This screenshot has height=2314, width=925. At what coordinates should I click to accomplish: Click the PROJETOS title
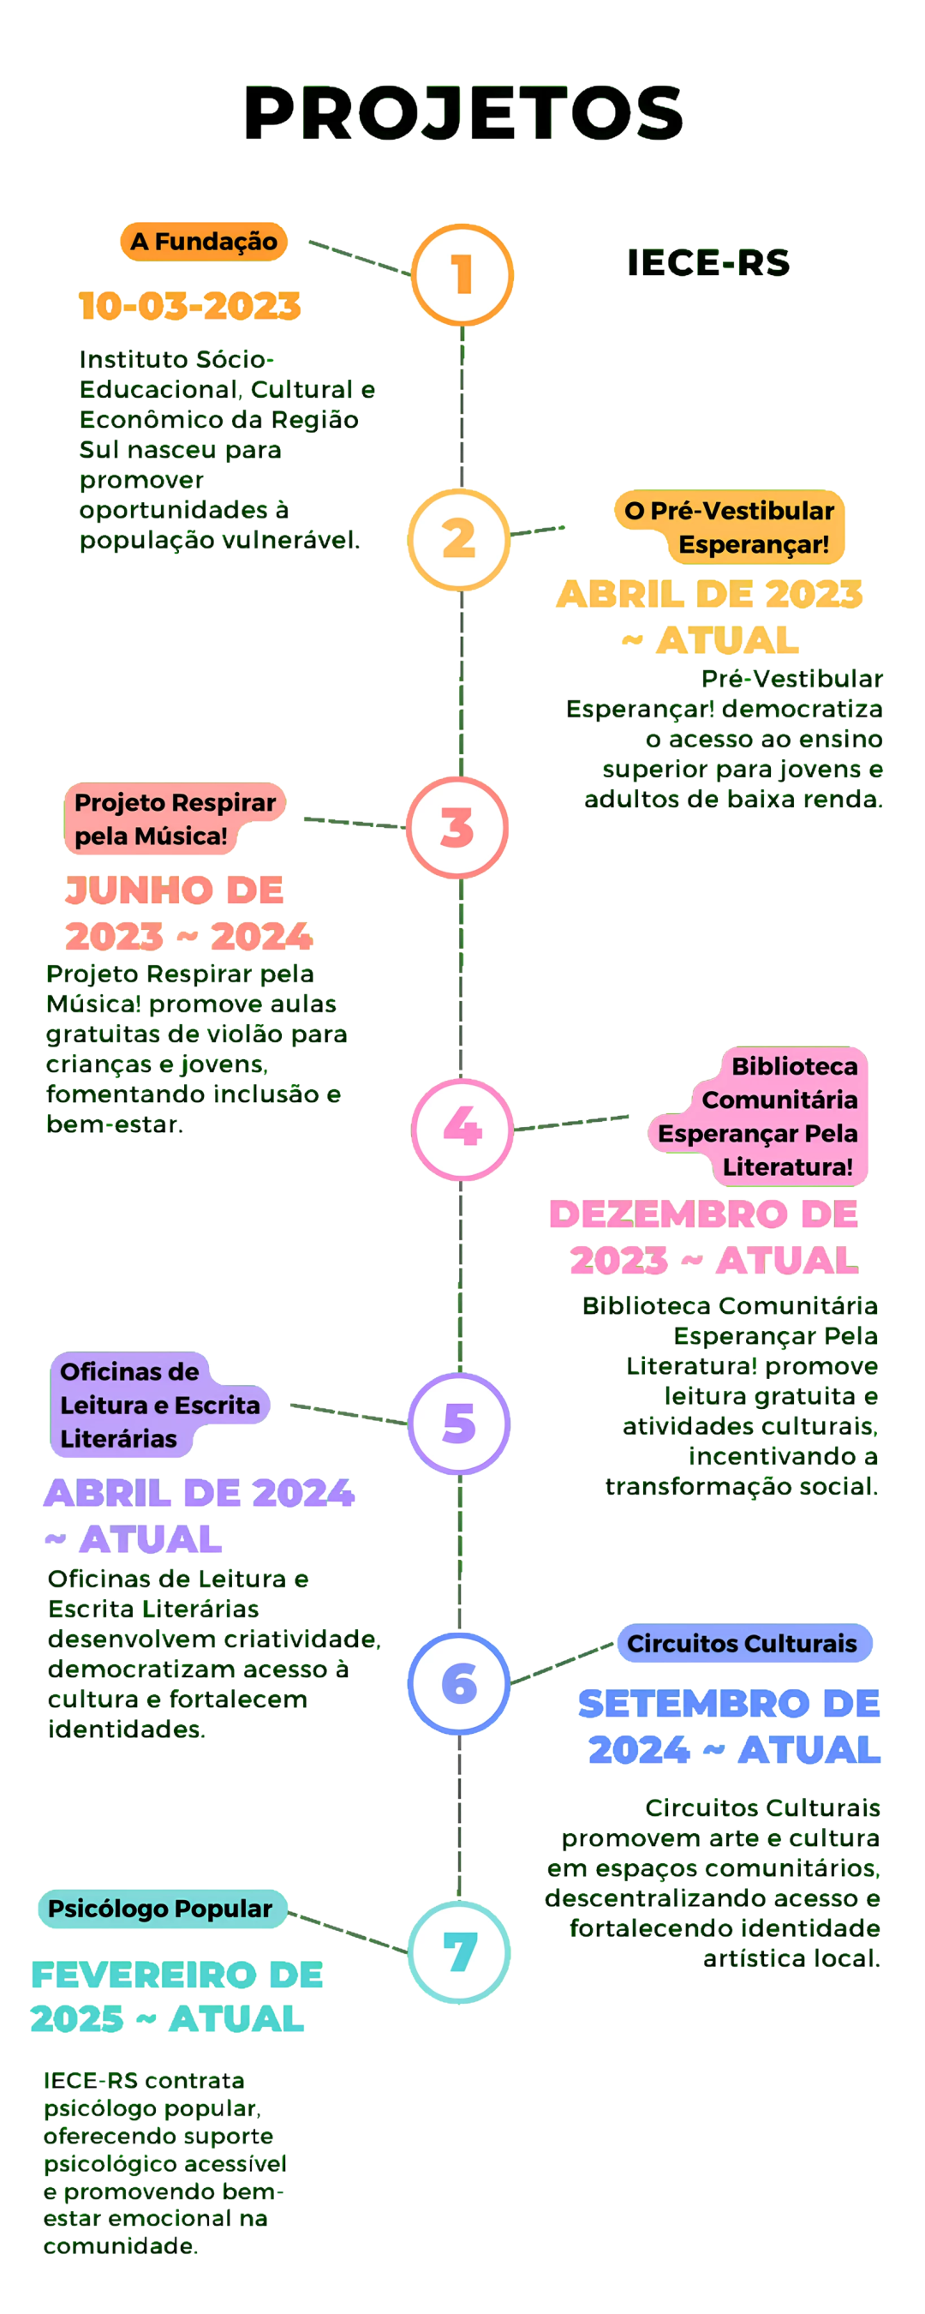pos(463,113)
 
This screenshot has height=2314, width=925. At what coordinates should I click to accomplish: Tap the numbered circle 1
pos(462,275)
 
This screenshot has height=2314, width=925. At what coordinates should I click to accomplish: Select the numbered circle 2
pos(459,540)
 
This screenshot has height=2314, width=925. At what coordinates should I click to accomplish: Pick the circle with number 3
pos(457,827)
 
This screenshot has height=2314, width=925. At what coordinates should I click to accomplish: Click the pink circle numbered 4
pos(462,1130)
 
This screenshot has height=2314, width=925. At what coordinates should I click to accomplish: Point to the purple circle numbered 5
pos(459,1423)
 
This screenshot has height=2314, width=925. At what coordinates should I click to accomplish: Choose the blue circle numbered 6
pos(459,1683)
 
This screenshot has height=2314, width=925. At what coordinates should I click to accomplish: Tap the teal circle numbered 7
pos(460,1951)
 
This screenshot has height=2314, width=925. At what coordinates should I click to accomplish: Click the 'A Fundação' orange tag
pos(204,242)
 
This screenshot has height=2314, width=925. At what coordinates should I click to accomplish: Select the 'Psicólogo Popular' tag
pos(161,1908)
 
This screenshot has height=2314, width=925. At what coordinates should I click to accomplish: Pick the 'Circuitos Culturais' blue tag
pos(743,1643)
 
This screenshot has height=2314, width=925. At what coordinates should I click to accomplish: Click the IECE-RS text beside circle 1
pos(708,263)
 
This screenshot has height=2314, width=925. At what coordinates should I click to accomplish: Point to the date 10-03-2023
pos(189,306)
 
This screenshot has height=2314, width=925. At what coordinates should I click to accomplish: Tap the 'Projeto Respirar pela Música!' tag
pos(174,818)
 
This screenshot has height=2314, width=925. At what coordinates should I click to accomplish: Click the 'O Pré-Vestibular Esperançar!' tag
pos(729,527)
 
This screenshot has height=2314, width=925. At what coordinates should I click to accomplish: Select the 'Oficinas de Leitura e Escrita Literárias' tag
pos(158,1405)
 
